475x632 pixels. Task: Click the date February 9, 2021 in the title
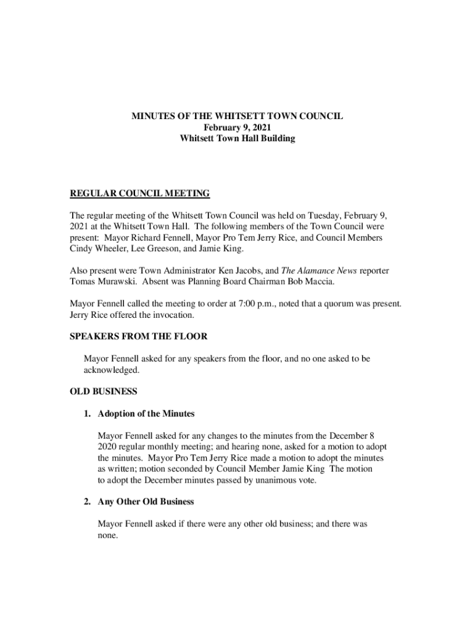point(237,127)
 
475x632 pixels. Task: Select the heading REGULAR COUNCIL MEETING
point(139,194)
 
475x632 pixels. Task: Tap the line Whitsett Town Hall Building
point(237,138)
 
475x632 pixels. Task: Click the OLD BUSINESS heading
point(103,391)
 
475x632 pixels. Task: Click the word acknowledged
point(111,370)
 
